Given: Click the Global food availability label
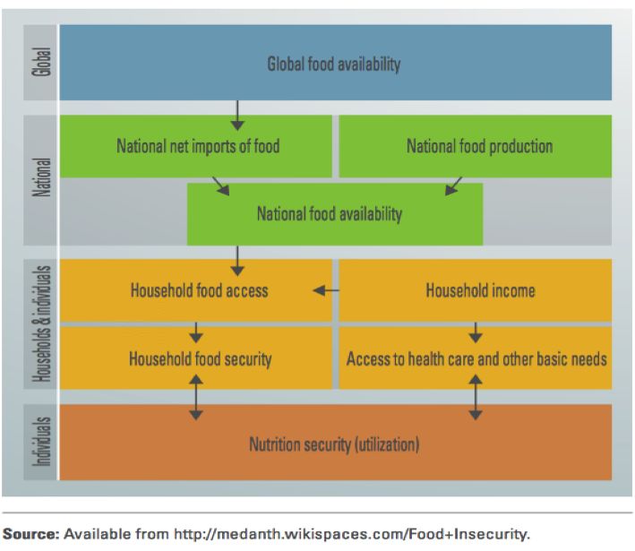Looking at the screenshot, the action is click(x=334, y=64).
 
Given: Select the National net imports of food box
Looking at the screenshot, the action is click(x=196, y=146).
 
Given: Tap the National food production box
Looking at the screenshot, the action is click(x=475, y=146).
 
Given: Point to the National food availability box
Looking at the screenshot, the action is click(x=334, y=214).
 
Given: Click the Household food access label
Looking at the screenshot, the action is click(x=199, y=290).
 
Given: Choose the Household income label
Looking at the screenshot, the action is click(x=480, y=290).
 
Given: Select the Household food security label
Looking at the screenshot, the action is click(x=200, y=359).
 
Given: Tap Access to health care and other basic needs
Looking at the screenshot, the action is click(x=476, y=359).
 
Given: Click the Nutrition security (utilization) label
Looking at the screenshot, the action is click(x=334, y=444).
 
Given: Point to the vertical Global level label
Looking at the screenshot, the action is click(x=41, y=62).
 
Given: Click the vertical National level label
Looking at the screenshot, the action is click(x=41, y=177).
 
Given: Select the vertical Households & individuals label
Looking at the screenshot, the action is click(x=41, y=323).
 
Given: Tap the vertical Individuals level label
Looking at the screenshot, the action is click(x=41, y=442).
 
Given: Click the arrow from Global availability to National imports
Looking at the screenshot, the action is click(x=237, y=116).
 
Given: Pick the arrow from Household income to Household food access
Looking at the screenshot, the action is click(x=326, y=290).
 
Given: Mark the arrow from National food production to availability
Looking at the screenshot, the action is click(x=453, y=186).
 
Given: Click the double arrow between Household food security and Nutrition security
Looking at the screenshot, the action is click(x=196, y=397).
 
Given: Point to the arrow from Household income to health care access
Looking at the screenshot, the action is click(x=476, y=332).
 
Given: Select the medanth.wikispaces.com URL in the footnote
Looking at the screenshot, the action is click(x=351, y=534).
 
